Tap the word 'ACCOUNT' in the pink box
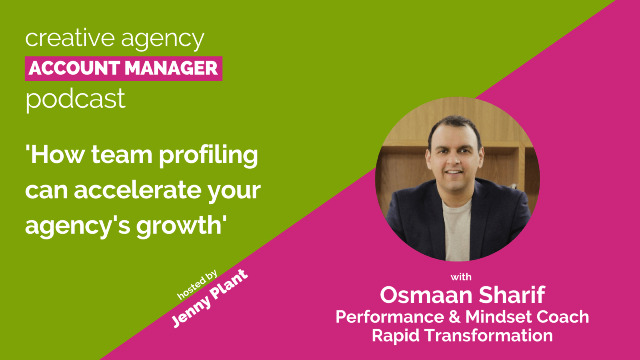tap(74, 68)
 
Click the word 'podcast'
tap(75, 99)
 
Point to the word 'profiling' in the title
tap(208, 155)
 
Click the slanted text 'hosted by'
tap(197, 284)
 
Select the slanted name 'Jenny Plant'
tap(210, 298)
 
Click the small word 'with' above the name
tap(461, 277)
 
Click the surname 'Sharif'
tap(512, 295)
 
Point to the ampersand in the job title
tap(454, 317)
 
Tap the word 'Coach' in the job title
tap(562, 317)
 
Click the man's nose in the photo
tap(454, 160)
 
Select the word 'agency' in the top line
tap(162, 39)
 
